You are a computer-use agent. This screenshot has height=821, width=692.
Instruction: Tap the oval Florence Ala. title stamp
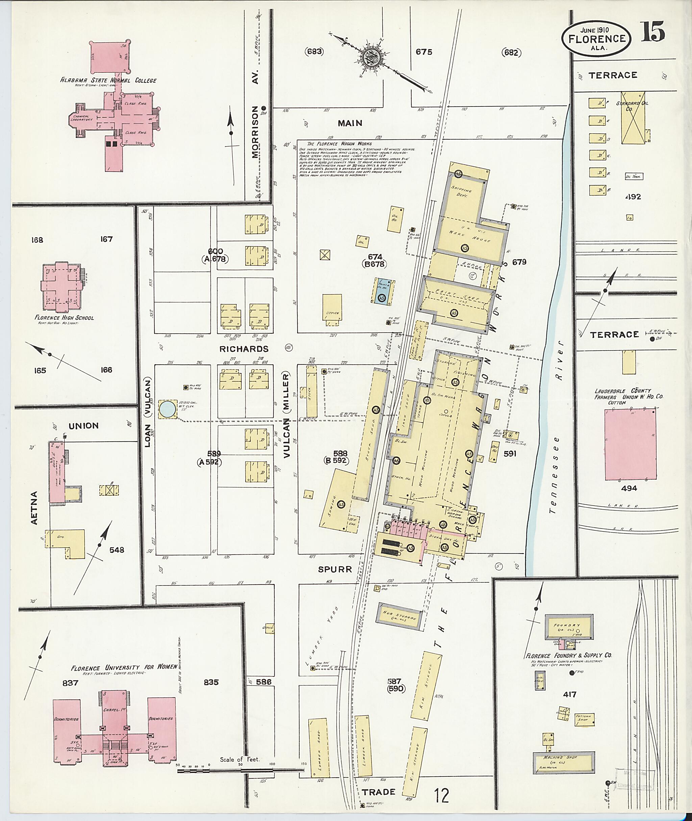596,39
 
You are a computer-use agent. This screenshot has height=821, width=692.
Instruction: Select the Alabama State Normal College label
108,80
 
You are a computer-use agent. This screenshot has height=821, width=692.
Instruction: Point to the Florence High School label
64,318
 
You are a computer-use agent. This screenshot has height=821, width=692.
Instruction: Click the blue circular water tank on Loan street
168,409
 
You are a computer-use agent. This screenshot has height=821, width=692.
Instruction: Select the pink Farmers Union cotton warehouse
630,444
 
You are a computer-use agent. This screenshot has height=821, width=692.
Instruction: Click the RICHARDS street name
244,349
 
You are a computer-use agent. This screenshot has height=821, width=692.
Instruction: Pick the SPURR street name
335,569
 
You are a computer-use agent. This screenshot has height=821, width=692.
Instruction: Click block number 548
117,550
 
